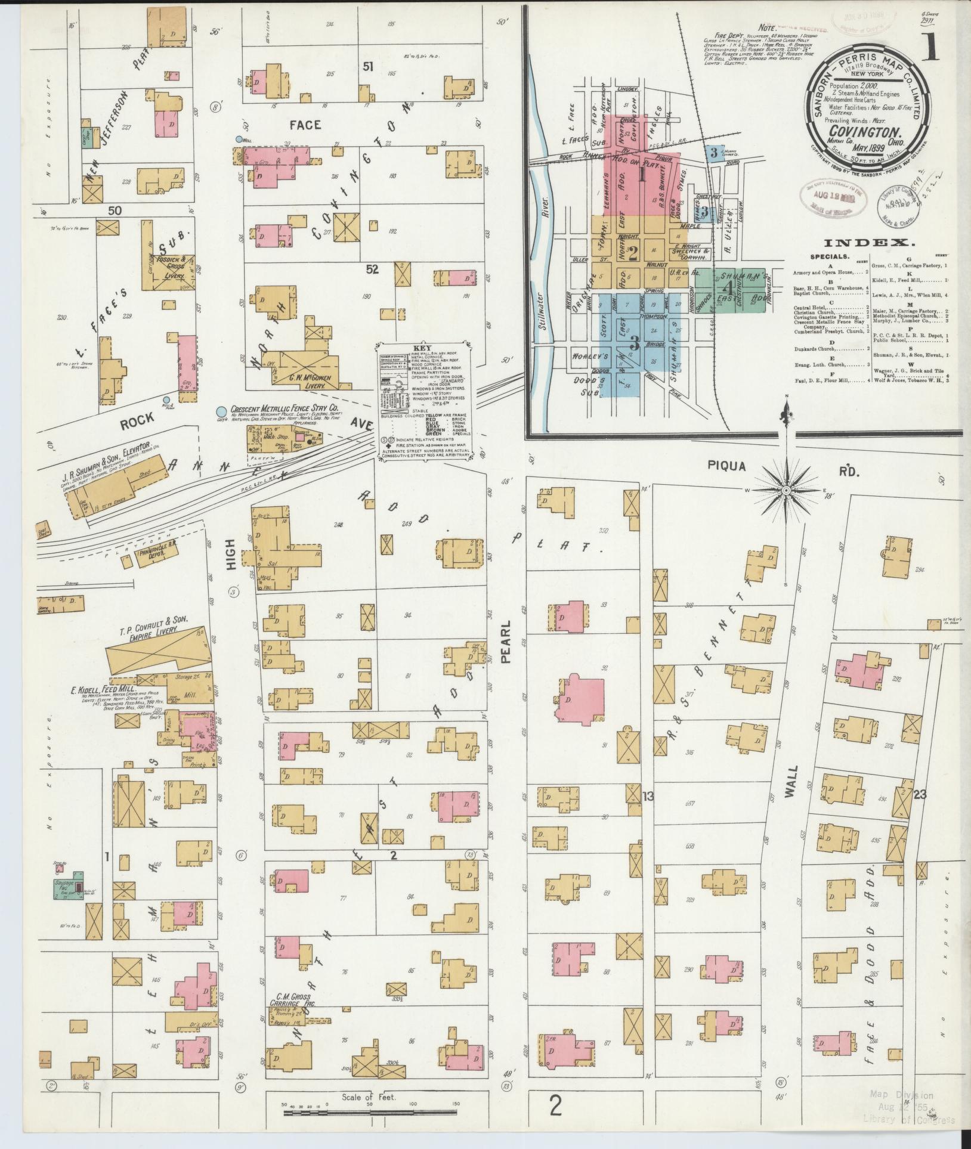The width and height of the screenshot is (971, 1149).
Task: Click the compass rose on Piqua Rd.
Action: (x=786, y=490)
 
